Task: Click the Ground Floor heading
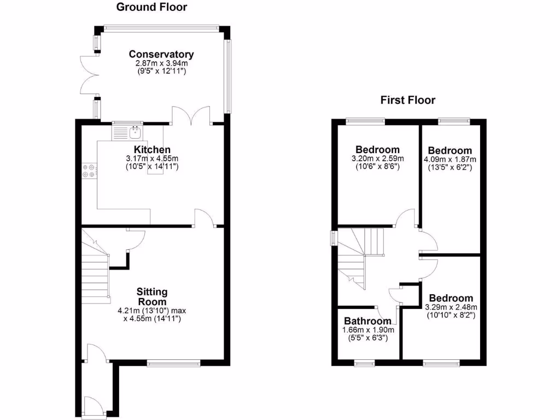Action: (151, 7)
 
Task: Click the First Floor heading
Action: (408, 100)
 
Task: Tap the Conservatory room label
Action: (161, 54)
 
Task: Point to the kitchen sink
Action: (134, 132)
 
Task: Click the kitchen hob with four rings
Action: (89, 171)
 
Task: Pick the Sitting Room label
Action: (152, 296)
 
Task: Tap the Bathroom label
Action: (367, 321)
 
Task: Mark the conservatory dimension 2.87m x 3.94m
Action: (161, 63)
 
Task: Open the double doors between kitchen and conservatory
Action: (191, 116)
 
